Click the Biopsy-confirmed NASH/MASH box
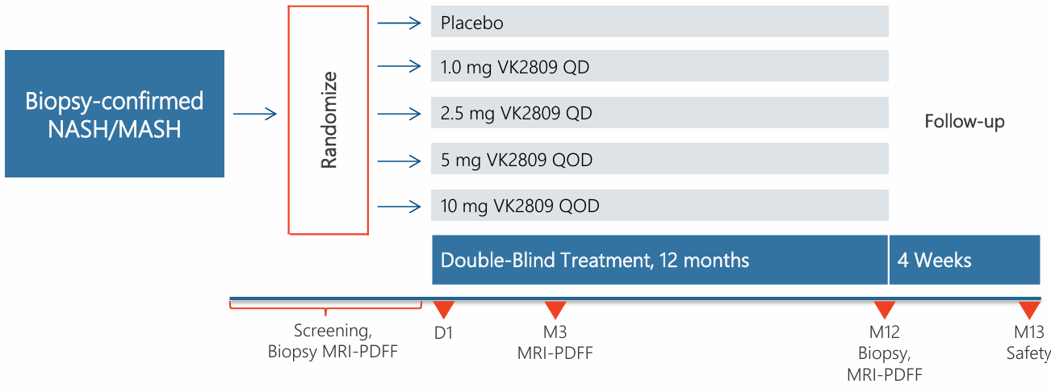click(x=114, y=114)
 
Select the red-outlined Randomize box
click(x=329, y=119)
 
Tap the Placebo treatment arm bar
click(x=659, y=23)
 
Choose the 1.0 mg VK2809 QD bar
click(x=659, y=68)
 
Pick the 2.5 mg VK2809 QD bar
click(x=659, y=114)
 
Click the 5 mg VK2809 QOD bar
click(x=659, y=160)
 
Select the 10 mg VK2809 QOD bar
click(x=659, y=206)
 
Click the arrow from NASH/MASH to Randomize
click(x=255, y=115)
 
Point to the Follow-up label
click(x=965, y=123)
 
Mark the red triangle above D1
click(x=443, y=310)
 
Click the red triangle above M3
click(x=555, y=310)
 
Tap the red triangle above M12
click(x=885, y=310)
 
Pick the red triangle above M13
click(x=1028, y=310)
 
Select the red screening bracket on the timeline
click(x=325, y=307)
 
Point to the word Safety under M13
click(x=1028, y=353)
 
